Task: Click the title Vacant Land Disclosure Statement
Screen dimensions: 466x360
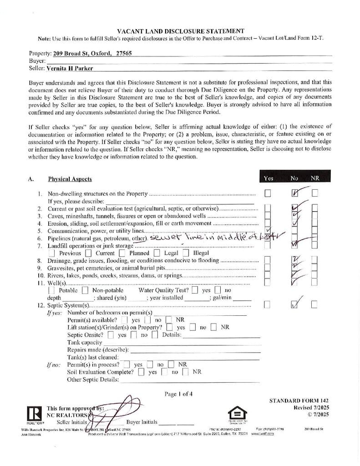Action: pos(180,31)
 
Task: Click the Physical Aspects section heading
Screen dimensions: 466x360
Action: pos(70,179)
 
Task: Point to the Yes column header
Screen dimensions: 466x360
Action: pos(269,178)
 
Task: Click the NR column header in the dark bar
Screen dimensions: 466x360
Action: pos(315,178)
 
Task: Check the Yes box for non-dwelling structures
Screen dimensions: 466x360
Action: pos(268,193)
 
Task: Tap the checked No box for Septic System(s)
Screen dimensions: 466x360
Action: pos(294,304)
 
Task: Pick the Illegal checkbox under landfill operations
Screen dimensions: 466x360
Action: pos(185,253)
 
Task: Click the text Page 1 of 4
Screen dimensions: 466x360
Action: pos(178,394)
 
